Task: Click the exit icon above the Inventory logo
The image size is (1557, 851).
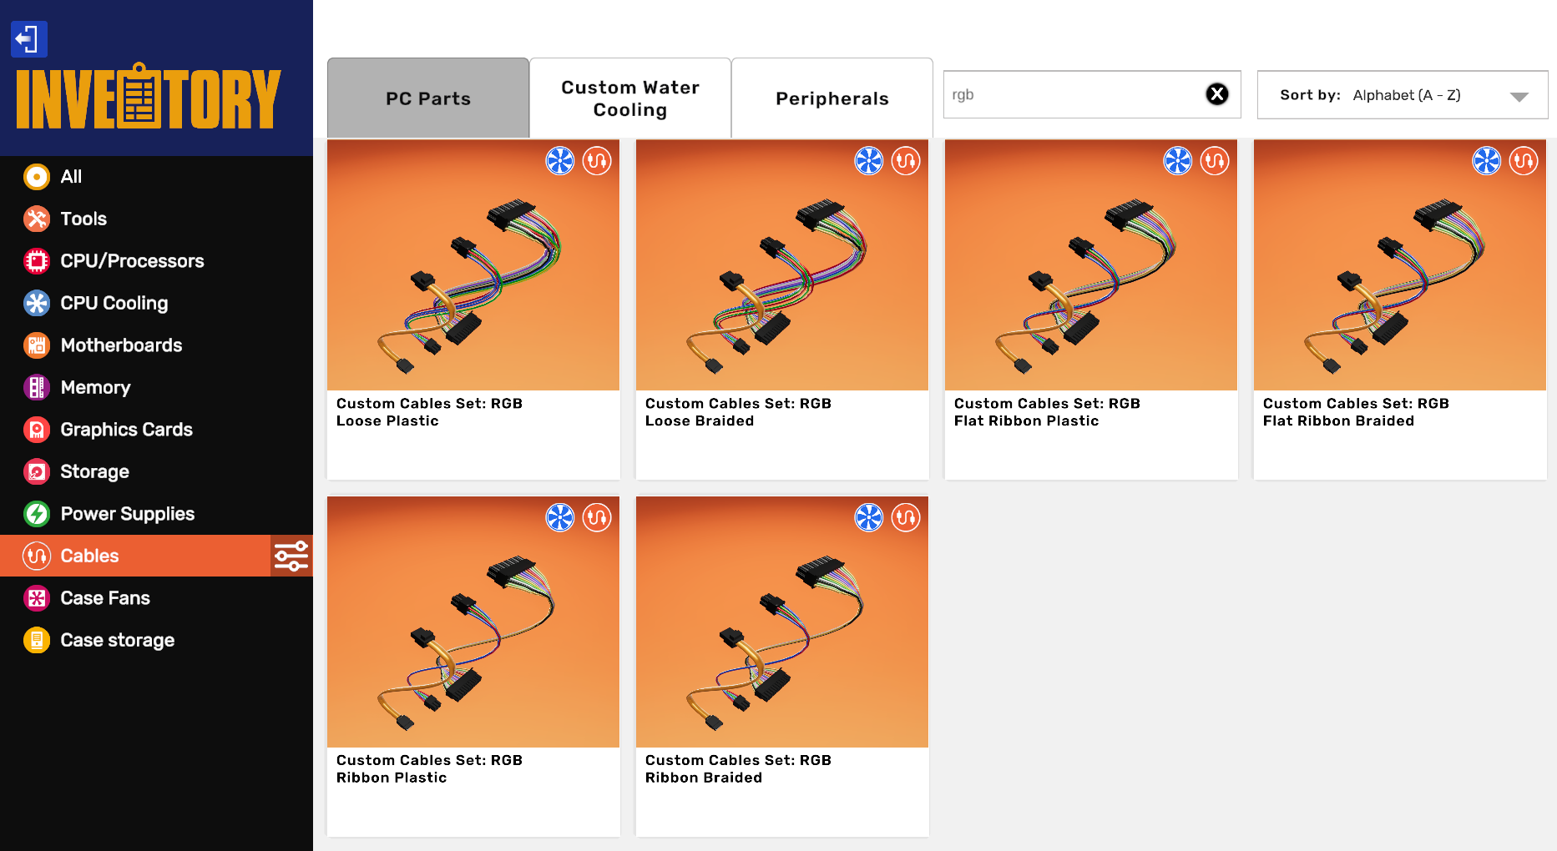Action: [x=28, y=39]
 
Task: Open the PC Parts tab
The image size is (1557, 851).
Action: [x=428, y=98]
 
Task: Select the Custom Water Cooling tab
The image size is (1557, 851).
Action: [x=630, y=98]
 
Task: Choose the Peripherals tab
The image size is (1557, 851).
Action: [x=832, y=98]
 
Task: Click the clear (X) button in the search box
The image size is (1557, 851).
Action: [x=1217, y=94]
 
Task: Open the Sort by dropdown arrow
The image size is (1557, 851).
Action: [x=1519, y=97]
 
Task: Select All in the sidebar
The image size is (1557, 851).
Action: [x=71, y=177]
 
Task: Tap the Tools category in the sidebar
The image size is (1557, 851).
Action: [x=83, y=219]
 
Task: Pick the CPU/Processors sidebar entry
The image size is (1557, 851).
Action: [x=132, y=261]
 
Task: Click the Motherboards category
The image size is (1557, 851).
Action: [x=121, y=345]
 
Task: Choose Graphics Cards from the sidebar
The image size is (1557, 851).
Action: [x=126, y=430]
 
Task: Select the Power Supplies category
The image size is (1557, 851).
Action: [x=127, y=514]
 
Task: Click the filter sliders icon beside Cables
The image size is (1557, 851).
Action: [x=291, y=556]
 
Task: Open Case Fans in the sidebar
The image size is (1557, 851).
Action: [x=105, y=598]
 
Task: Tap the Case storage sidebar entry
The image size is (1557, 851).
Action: [x=117, y=640]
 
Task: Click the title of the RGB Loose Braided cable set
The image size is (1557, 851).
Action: [x=738, y=412]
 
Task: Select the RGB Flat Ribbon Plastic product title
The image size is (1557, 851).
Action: [x=1047, y=412]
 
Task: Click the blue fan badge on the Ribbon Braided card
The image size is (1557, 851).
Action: [x=869, y=517]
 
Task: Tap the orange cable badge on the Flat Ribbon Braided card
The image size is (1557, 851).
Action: [x=1524, y=160]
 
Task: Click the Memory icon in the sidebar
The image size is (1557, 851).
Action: [x=37, y=387]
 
